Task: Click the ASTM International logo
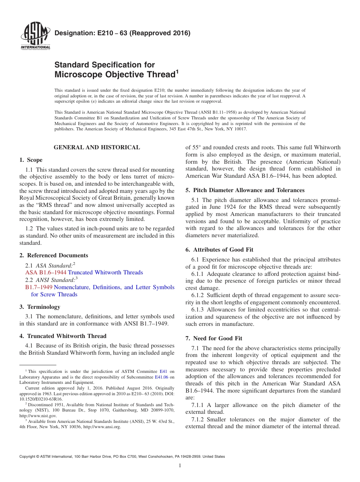point(35,37)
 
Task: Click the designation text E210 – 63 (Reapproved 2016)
point(122,33)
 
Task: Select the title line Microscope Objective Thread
point(115,75)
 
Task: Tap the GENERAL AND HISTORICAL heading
point(97,147)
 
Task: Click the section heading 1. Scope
point(31,160)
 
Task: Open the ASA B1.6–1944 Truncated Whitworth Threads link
point(84,272)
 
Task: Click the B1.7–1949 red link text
point(39,287)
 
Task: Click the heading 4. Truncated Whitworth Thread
point(63,336)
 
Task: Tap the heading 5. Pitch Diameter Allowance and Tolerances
point(245,190)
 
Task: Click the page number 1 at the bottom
point(180,466)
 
